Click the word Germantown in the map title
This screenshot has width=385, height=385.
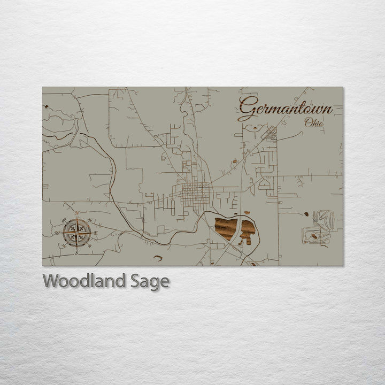(x=285, y=109)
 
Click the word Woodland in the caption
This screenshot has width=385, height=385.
(x=84, y=281)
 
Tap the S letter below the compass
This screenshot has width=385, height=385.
(x=76, y=252)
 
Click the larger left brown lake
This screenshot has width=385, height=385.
(x=226, y=227)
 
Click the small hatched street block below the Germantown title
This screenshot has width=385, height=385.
(x=272, y=133)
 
